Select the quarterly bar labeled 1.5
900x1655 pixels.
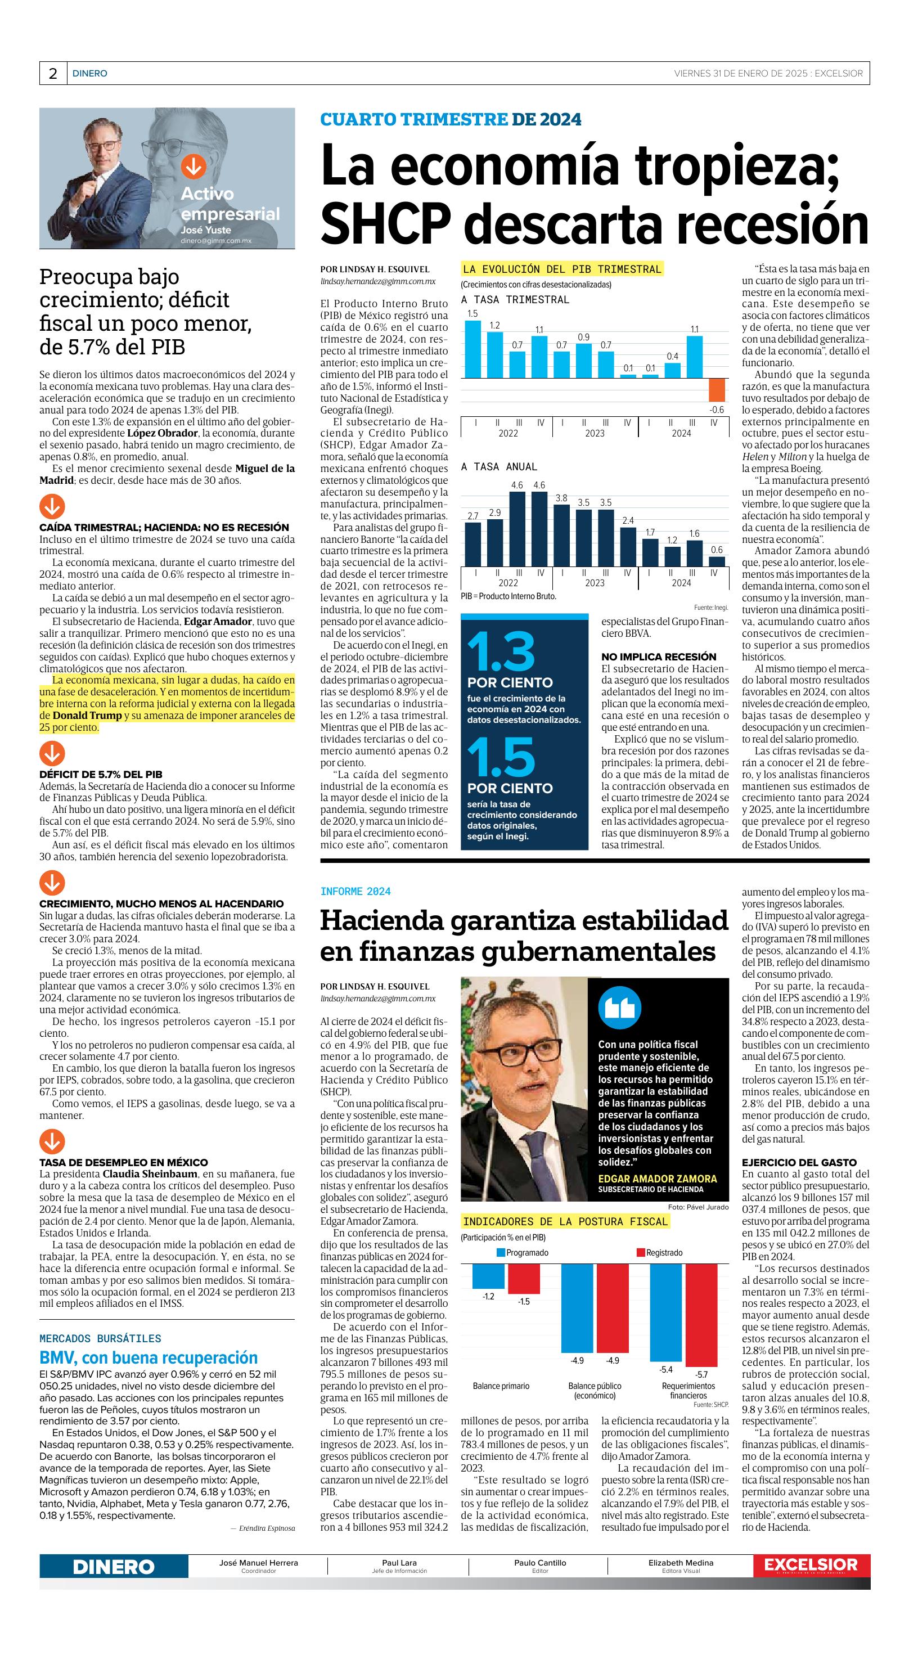pos(473,349)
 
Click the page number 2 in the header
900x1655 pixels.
pos(53,74)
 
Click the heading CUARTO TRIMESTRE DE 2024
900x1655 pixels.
pos(451,119)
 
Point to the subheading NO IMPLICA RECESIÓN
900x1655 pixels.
pos(659,656)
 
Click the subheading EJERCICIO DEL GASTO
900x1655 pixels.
pos(799,1162)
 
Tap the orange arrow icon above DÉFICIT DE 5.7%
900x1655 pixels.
pos(52,753)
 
